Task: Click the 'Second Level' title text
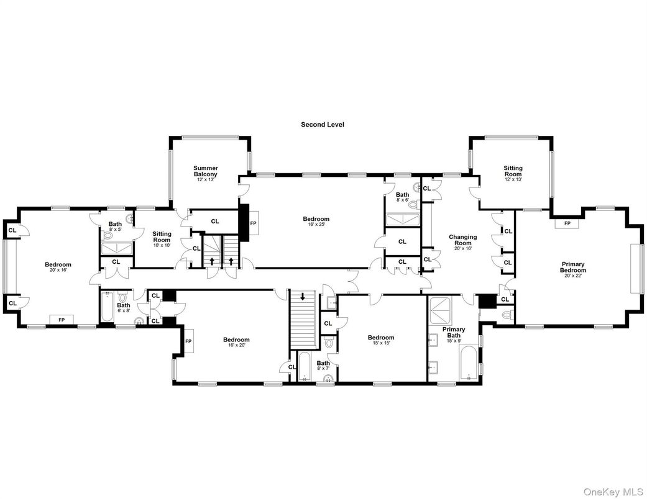[x=322, y=125]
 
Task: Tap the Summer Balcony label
[x=205, y=171]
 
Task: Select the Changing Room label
[x=463, y=240]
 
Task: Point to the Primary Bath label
[x=454, y=333]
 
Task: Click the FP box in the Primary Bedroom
[x=567, y=223]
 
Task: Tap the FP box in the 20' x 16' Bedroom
[x=62, y=320]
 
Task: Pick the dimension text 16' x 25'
[x=316, y=225]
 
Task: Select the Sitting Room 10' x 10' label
[x=162, y=236]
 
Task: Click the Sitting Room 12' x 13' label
[x=513, y=171]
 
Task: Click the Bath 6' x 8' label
[x=124, y=308]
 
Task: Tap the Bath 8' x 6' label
[x=402, y=197]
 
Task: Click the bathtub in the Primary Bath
[x=468, y=363]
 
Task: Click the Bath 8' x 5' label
[x=115, y=227]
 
